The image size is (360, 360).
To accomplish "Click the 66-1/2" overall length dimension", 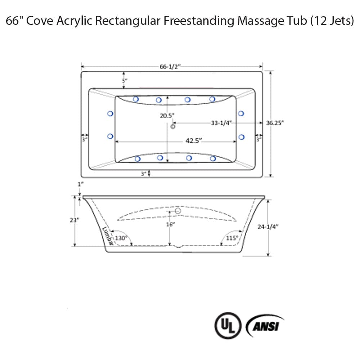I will point(170,67).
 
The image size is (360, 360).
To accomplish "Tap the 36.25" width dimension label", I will point(275,122).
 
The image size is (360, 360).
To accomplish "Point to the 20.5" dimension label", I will point(167,116).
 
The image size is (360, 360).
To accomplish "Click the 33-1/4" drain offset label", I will point(221,123).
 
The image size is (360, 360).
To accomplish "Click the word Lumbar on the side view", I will point(107,236).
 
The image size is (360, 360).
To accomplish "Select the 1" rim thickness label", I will point(81,184).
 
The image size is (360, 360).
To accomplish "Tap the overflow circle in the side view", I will point(177,211).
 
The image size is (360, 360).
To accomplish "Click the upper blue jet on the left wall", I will point(111,114).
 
